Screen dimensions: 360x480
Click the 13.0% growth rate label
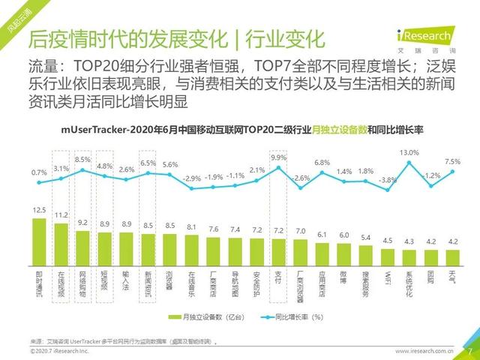coord(409,153)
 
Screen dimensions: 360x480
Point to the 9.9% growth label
coord(279,158)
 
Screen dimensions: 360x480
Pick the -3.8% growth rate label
coord(388,180)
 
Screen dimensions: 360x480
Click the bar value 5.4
coord(366,238)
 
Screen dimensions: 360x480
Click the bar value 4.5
coord(388,241)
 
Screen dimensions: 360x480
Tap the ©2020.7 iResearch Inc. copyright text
coord(59,350)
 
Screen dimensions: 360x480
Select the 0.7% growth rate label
coord(40,173)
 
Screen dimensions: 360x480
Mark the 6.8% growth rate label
coord(322,163)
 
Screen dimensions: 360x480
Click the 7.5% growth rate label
coord(453,161)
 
